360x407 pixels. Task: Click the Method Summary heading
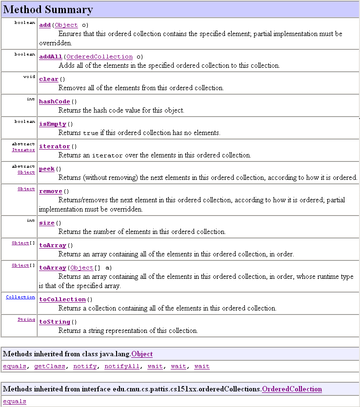[x=48, y=9]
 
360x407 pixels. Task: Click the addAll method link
[x=51, y=57]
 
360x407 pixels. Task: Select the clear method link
[x=49, y=79]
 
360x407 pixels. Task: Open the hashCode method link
[x=55, y=101]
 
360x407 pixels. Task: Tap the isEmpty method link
[x=53, y=124]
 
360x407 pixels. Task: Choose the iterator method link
[x=55, y=146]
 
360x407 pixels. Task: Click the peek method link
[x=47, y=169]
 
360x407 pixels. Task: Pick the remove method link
[x=51, y=191]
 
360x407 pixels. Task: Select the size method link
[x=47, y=223]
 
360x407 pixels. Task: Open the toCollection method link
[x=62, y=299]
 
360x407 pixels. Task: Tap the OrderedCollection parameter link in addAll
[x=100, y=57]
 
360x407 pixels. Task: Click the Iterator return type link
[x=23, y=150]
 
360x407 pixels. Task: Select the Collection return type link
[x=20, y=297]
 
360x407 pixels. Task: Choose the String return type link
[x=26, y=319]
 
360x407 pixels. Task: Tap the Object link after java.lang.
[x=142, y=354]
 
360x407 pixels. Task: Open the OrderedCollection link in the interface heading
[x=292, y=389]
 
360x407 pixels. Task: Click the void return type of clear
[x=29, y=77]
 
